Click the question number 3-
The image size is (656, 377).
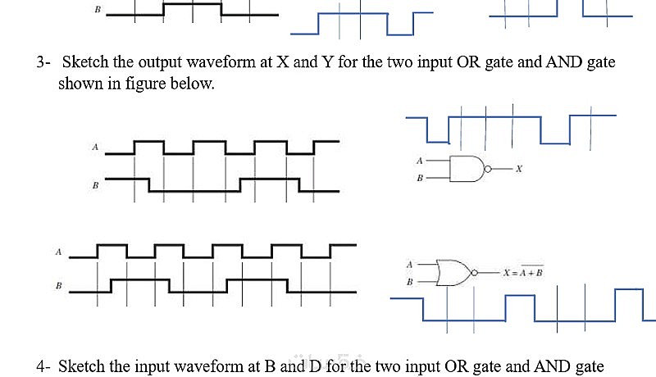(x=43, y=62)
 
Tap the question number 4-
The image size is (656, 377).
(x=43, y=366)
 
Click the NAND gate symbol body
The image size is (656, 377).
(x=467, y=169)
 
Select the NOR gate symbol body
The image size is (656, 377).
(x=453, y=272)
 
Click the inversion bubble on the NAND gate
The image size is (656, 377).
(x=488, y=169)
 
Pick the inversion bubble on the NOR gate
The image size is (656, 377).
(x=476, y=272)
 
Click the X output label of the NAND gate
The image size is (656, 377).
(x=519, y=169)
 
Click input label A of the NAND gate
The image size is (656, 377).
(x=420, y=161)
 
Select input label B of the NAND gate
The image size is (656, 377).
(x=420, y=177)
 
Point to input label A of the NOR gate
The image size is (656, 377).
(x=409, y=265)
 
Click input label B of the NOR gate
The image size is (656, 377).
(x=409, y=280)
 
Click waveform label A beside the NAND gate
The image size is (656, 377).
(x=95, y=148)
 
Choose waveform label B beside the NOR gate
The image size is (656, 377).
(x=58, y=286)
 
